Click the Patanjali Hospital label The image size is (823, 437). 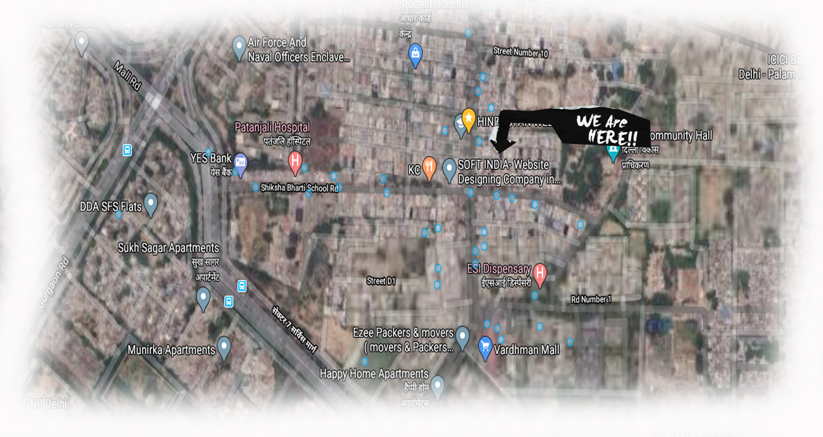272,127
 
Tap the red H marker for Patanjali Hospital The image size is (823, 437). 295,161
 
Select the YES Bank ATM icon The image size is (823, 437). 240,163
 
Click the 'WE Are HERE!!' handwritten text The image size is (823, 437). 606,129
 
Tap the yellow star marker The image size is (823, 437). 468,118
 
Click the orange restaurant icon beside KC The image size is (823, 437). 430,167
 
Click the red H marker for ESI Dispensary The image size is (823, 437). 540,272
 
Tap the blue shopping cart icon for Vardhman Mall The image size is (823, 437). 485,347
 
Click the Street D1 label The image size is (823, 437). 381,281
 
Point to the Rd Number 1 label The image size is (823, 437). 591,299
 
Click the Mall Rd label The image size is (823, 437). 127,76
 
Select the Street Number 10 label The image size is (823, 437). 521,52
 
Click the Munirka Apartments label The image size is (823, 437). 171,350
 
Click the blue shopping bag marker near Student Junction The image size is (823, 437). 415,53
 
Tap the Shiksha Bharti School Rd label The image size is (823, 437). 299,188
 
